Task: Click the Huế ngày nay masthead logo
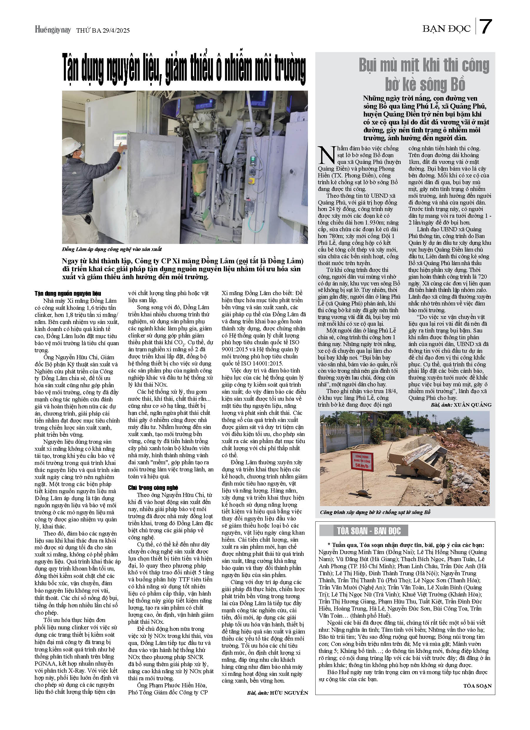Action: tap(52, 30)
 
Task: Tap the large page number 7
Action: tap(486, 27)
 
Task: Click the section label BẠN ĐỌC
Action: tap(446, 29)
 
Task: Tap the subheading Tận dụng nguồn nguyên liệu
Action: tap(68, 293)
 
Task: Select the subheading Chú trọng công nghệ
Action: tap(153, 488)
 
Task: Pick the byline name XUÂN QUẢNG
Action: tap(472, 405)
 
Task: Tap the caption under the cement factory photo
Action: tap(112, 249)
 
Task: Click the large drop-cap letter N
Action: tap(326, 155)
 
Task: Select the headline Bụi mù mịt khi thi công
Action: tap(424, 66)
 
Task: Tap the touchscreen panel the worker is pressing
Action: tap(120, 140)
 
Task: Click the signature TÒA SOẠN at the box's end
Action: tap(477, 686)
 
